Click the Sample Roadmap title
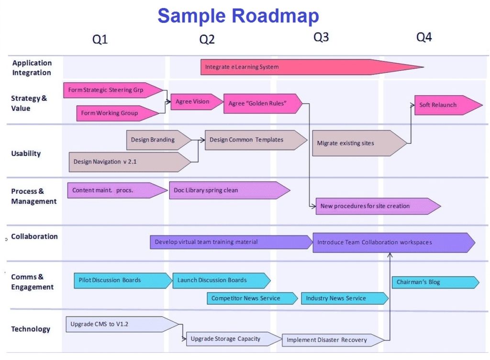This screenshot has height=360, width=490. tap(238, 16)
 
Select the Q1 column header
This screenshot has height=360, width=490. tap(100, 40)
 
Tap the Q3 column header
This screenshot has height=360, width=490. tap(321, 37)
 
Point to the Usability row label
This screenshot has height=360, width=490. tap(26, 153)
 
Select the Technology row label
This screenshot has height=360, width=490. tap(31, 329)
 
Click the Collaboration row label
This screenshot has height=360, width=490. tap(34, 237)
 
